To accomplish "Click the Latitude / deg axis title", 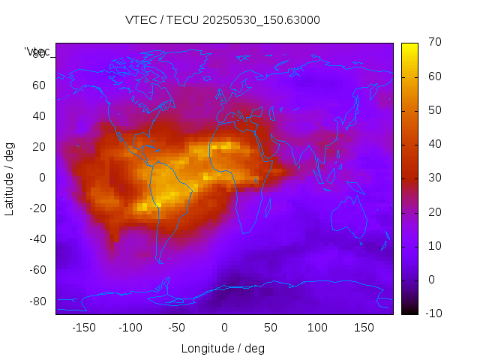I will point(10,178).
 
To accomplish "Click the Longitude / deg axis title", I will point(223,348).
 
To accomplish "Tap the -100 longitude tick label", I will point(130,328).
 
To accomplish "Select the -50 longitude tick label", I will point(177,328).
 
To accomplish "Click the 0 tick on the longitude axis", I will point(224,328).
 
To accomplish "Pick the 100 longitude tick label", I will point(317,328).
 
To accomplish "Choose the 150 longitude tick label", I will point(364,328).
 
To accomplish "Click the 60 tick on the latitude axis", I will point(38,85).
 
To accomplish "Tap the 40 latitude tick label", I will point(38,115).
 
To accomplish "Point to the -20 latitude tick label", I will point(36,208).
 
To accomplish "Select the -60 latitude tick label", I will point(36,270).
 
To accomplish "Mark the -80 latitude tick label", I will point(36,301).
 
